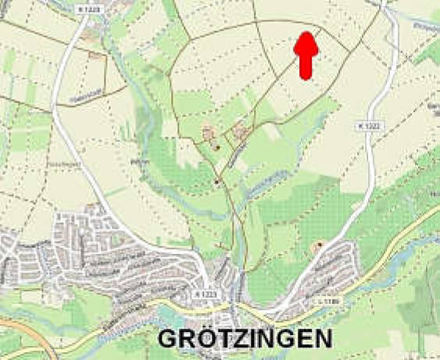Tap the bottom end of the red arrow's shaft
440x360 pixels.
[x=306, y=77]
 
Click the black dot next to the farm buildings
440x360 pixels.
[x=217, y=147]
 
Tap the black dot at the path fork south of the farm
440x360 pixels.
[x=217, y=182]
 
